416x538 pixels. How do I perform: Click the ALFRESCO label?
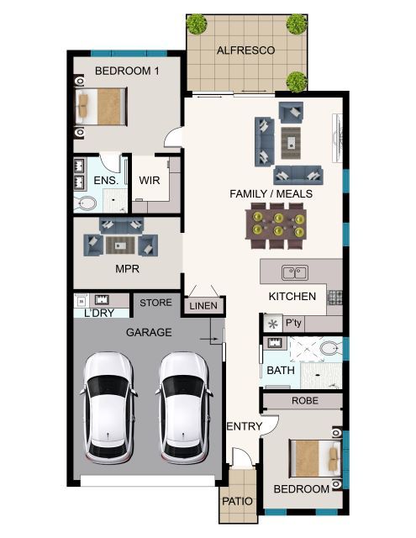click(x=245, y=50)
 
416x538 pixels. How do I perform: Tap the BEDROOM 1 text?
click(x=126, y=71)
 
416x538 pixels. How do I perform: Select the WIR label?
click(x=150, y=180)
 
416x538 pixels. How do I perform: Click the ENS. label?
click(x=105, y=180)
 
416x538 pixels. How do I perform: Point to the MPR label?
click(x=126, y=270)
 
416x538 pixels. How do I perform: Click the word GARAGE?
click(x=149, y=332)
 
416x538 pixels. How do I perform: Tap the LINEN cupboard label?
click(x=203, y=306)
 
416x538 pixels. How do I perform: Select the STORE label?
click(x=155, y=303)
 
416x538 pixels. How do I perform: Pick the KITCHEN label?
click(x=292, y=296)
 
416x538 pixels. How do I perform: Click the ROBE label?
click(x=304, y=401)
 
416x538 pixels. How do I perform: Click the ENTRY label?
click(x=245, y=427)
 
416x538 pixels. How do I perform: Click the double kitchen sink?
click(x=294, y=272)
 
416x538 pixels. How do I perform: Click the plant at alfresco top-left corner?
click(x=197, y=24)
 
